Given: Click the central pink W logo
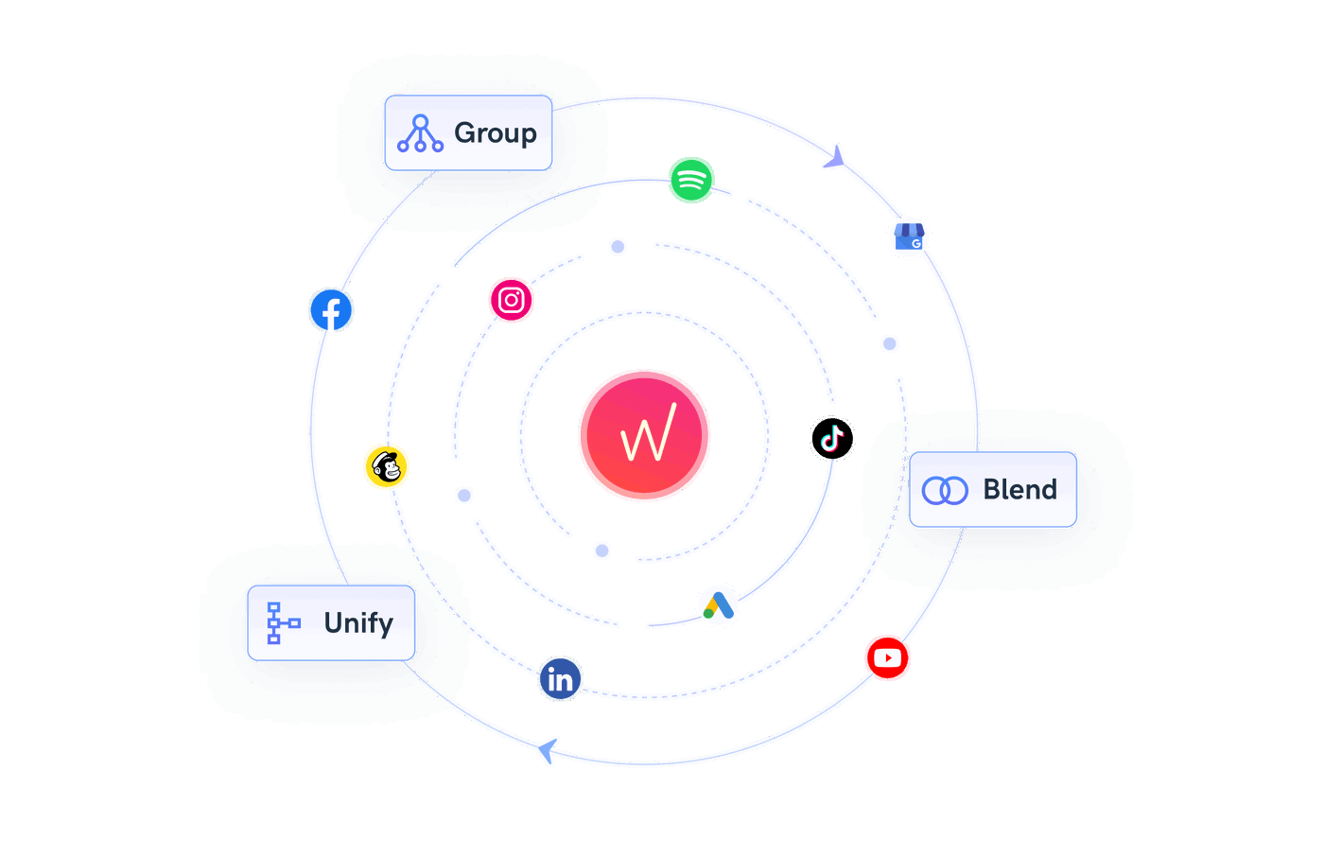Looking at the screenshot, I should (644, 435).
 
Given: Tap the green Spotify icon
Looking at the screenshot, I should (691, 180).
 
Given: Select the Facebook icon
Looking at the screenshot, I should (331, 310).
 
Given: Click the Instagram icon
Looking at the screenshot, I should (511, 300).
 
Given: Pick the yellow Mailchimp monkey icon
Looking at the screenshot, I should (386, 466).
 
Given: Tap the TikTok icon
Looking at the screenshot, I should (832, 438).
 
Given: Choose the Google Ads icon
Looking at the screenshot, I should (718, 605).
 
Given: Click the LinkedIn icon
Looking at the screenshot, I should (560, 679).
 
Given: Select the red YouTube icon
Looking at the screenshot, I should (887, 658).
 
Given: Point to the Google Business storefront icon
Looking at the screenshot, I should (909, 236).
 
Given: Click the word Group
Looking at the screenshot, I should (496, 133).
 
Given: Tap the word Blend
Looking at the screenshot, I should (1019, 490).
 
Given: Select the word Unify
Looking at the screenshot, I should (357, 623).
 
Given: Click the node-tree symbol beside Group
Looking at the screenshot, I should (420, 133).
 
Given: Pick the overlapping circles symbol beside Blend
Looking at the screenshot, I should (945, 490).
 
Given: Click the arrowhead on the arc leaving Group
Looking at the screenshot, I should (835, 157).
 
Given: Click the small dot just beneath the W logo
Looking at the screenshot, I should (602, 551).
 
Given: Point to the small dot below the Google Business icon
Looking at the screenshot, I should (890, 343).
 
